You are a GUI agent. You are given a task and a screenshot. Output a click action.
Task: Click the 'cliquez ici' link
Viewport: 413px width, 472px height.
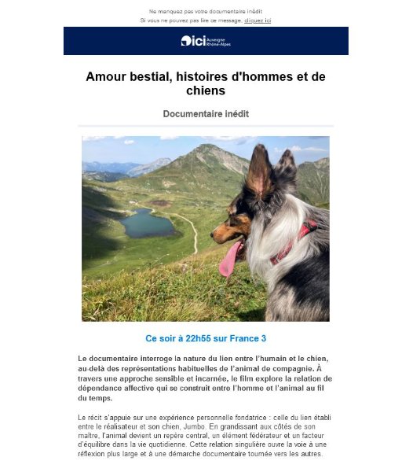pos(258,20)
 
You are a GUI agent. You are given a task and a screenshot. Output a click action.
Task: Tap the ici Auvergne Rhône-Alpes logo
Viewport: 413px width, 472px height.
pos(206,41)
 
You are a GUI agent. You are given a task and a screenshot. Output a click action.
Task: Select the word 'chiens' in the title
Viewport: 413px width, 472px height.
pos(206,92)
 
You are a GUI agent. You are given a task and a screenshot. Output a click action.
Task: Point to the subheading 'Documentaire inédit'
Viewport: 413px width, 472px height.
pos(206,114)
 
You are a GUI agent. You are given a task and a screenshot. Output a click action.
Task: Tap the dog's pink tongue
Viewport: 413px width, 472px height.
pos(230,260)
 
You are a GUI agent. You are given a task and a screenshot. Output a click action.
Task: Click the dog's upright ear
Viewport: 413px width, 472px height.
pos(258,172)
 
